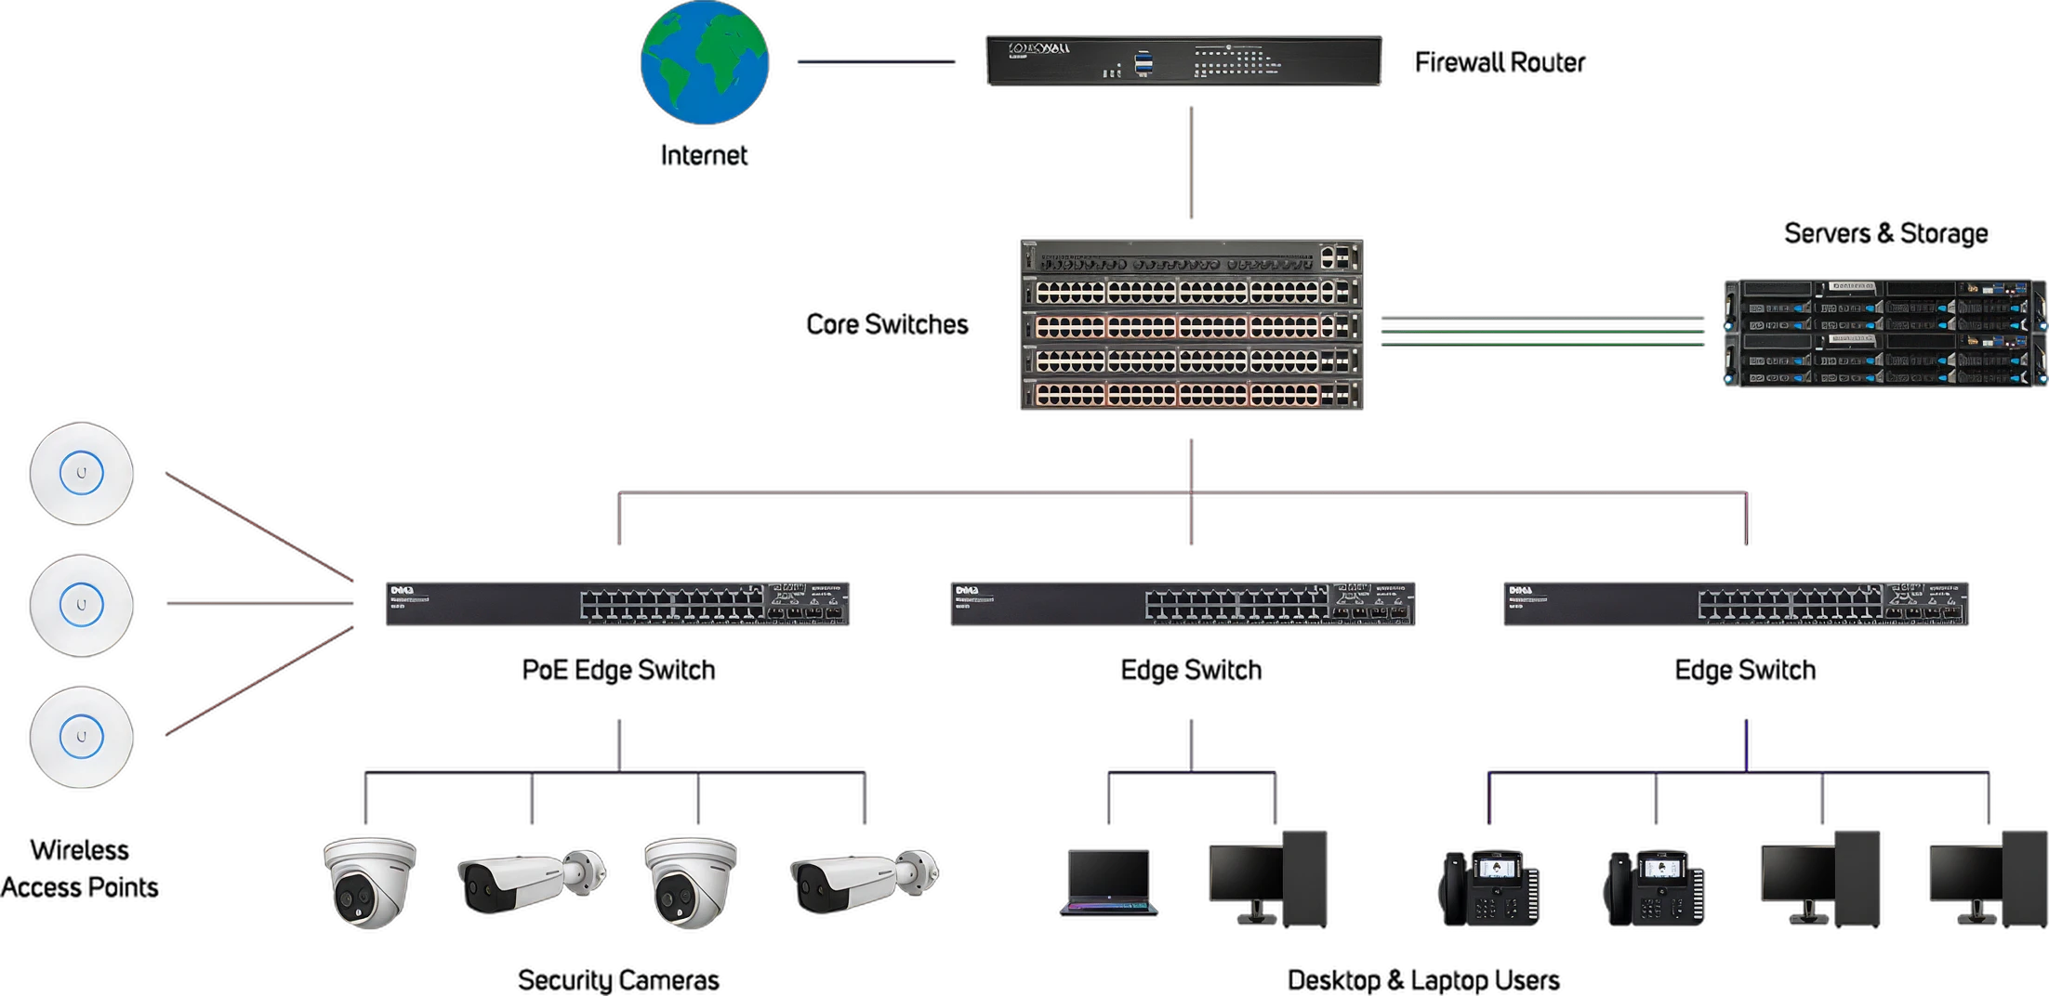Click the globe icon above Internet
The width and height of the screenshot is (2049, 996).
coord(704,64)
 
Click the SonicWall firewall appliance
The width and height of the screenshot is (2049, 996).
coord(1183,61)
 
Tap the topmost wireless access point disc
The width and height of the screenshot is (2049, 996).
coord(81,474)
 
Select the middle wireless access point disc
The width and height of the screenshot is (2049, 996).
coord(81,606)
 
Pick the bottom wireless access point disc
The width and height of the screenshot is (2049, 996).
coord(81,738)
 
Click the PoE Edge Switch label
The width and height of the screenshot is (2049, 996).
coord(618,670)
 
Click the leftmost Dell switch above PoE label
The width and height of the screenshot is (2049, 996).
coord(616,603)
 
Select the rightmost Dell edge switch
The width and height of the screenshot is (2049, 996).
coord(1735,603)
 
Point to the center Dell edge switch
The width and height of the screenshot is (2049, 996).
coord(1183,603)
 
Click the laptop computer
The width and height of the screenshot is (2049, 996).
coord(1106,881)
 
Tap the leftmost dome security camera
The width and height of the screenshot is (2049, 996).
coord(369,883)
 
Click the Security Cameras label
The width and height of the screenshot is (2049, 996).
coord(618,979)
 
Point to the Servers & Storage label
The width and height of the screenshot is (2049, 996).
coord(1885,233)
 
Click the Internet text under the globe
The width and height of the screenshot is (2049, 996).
coord(702,155)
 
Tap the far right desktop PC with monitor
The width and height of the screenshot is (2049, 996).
coord(1988,880)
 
